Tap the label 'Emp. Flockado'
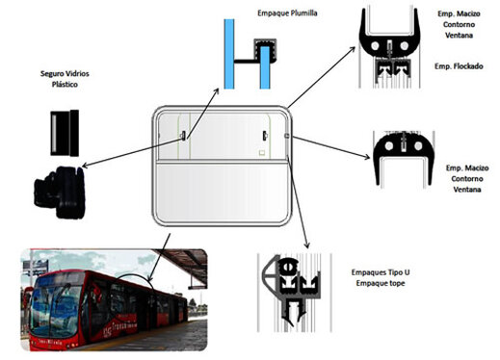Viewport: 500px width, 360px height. pyautogui.click(x=453, y=65)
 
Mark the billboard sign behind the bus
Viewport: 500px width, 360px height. pyautogui.click(x=35, y=259)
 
